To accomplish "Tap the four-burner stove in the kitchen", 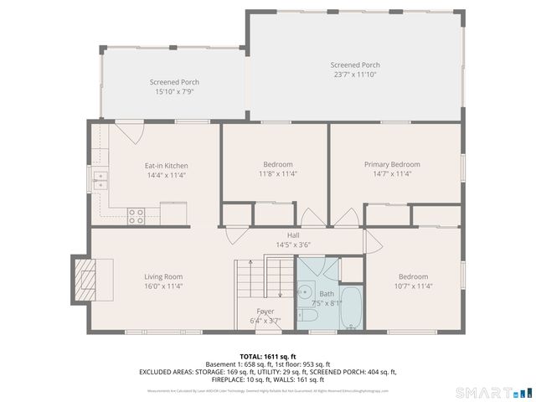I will [136, 216].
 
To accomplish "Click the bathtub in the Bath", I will [350, 308].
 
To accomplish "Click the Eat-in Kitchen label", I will [166, 166].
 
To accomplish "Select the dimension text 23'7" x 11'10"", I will [355, 75].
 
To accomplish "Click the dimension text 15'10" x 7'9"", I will [174, 91].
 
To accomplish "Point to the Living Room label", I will [162, 276].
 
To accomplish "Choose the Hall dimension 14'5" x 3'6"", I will [293, 245].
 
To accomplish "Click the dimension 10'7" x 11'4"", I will [413, 286].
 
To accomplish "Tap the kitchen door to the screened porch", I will [128, 131].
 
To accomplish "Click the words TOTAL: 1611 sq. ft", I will [267, 357].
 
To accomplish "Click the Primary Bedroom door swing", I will [344, 218].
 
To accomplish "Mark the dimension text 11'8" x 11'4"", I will [278, 173].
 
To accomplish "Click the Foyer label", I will [265, 311].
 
